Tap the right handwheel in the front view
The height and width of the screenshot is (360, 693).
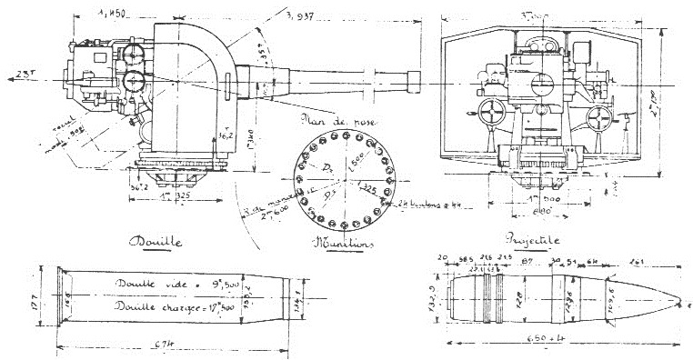[x=598, y=117]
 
